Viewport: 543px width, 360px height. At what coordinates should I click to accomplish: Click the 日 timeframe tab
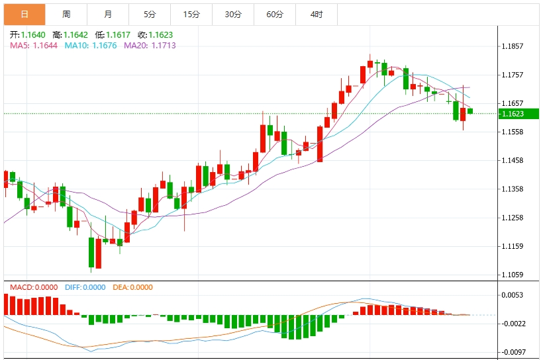pos(25,14)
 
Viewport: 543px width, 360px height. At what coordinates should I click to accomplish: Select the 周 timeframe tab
pos(66,14)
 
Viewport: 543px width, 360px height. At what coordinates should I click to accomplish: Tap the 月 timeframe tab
pos(108,14)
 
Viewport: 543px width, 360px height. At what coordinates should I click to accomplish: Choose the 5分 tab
pos(150,14)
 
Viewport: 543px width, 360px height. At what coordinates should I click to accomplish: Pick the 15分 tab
pos(191,14)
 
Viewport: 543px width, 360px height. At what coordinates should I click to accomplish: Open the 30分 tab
pos(233,14)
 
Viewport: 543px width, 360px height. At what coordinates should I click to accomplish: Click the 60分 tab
pos(275,14)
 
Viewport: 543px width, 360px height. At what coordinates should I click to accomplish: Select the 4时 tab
pos(317,14)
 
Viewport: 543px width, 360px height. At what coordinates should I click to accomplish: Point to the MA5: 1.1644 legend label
pos(34,45)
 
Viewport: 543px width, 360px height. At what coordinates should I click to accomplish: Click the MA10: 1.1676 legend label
pos(91,45)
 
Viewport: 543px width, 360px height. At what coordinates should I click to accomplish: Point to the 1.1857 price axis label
pos(513,46)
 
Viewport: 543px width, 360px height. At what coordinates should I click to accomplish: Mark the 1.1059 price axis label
pos(513,275)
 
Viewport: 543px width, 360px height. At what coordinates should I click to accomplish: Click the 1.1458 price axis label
pos(513,160)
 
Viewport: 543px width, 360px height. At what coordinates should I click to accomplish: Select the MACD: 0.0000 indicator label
pos(32,287)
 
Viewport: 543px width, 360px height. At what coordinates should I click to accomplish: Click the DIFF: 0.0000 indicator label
pos(85,287)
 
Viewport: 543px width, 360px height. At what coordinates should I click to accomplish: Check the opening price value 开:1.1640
pos(27,34)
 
